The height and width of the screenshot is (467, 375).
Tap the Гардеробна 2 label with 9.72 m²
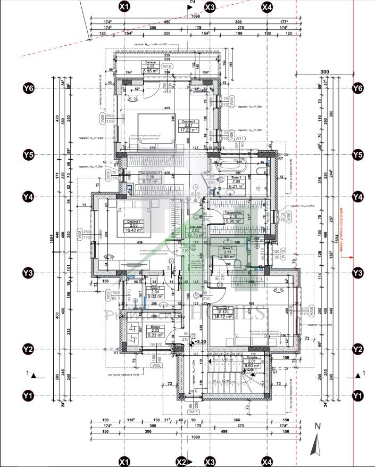[151, 178]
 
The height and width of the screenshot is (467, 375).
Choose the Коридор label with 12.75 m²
[191, 231]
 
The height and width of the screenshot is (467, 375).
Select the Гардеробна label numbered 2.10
[233, 217]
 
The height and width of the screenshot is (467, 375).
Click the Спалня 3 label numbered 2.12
[223, 313]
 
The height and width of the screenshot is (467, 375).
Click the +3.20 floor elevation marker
[199, 342]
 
